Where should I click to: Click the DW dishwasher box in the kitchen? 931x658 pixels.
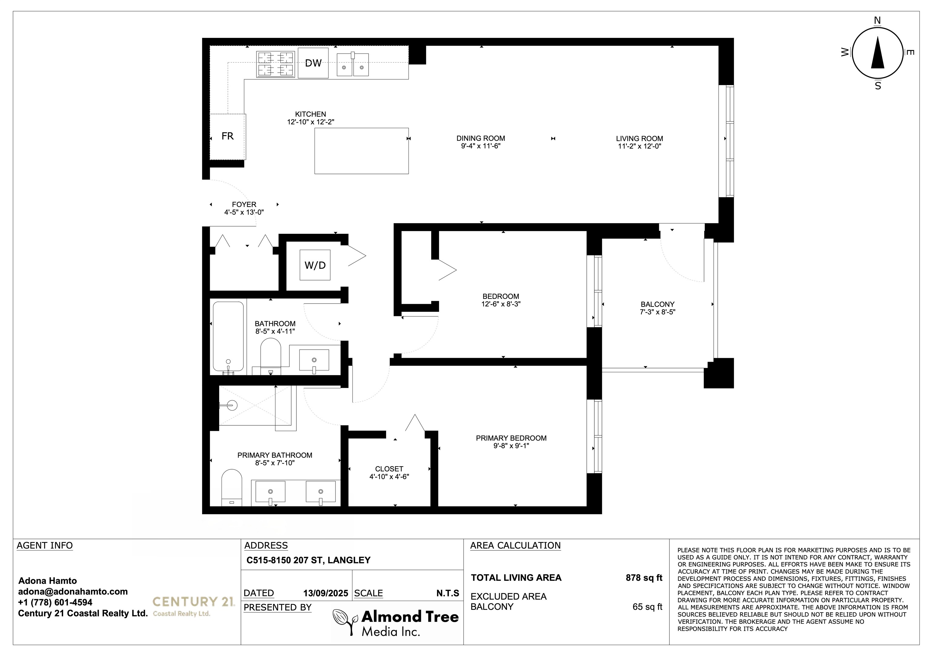click(x=313, y=63)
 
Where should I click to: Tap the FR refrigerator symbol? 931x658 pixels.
click(x=228, y=136)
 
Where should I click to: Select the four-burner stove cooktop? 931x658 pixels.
click(x=275, y=64)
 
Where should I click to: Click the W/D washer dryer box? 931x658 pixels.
click(x=315, y=265)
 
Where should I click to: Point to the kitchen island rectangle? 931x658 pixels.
click(x=361, y=151)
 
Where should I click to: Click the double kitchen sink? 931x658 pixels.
click(x=352, y=65)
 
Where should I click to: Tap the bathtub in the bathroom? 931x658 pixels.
click(x=228, y=336)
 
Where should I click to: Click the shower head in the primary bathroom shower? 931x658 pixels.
click(x=231, y=405)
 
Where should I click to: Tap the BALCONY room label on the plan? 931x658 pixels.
click(x=657, y=304)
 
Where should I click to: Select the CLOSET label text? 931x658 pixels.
click(x=389, y=469)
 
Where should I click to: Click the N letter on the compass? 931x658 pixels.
click(x=877, y=21)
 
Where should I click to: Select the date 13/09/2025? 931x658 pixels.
click(x=325, y=593)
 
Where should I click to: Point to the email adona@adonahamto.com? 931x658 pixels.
click(x=72, y=592)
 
